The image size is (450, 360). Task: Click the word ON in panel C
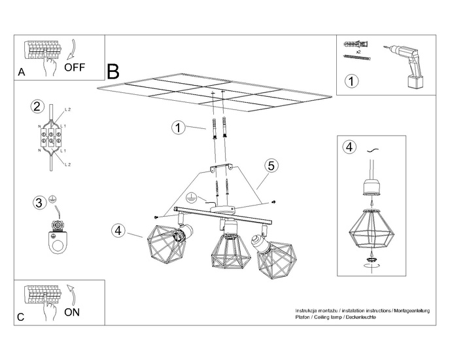(x=73, y=312)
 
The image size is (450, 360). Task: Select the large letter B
(x=113, y=71)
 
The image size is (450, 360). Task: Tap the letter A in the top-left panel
(x=22, y=73)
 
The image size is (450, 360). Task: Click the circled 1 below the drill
(x=352, y=82)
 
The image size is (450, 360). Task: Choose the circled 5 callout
(x=271, y=166)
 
